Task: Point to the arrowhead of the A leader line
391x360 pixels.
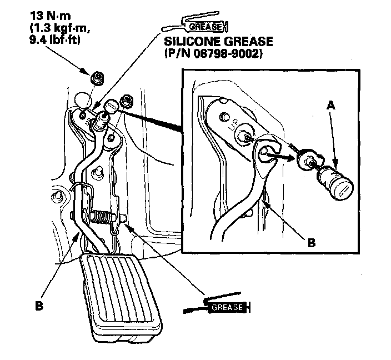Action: point(335,165)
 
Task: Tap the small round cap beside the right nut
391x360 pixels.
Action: point(111,105)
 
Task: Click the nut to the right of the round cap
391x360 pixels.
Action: point(126,100)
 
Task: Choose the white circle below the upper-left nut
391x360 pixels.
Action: point(82,99)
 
